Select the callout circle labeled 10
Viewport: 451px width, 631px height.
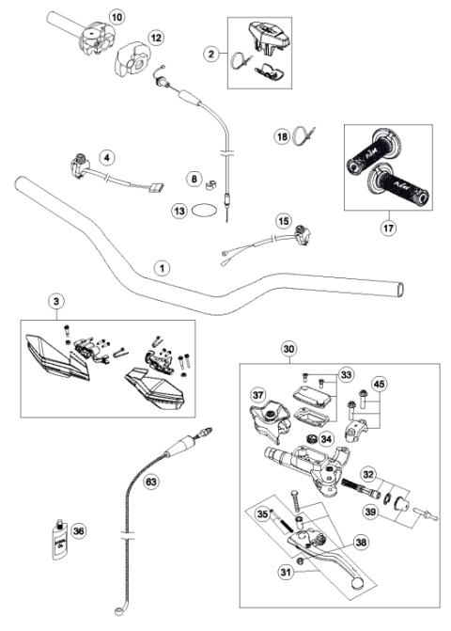click(116, 17)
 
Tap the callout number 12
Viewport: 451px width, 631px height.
click(156, 38)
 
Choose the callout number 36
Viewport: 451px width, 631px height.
click(78, 531)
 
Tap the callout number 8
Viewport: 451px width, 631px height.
click(193, 178)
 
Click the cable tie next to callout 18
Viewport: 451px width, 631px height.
click(304, 137)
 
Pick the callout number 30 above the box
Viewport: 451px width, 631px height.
click(288, 347)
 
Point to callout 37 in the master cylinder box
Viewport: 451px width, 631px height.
click(257, 392)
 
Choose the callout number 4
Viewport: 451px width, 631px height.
click(109, 158)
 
